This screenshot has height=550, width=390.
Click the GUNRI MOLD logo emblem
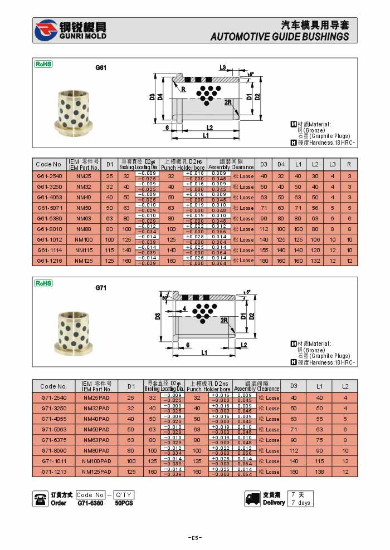[x=46, y=31]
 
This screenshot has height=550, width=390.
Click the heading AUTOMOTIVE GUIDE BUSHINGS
[x=280, y=37]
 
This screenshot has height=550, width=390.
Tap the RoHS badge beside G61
[x=43, y=64]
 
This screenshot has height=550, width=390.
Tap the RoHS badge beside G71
[x=43, y=283]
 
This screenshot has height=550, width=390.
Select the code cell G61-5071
[x=50, y=208]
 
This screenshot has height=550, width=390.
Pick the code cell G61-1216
[x=50, y=261]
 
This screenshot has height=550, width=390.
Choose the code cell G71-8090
[x=53, y=450]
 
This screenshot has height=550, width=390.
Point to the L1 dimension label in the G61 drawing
[x=206, y=135]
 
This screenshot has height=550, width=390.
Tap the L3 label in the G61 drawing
[x=223, y=67]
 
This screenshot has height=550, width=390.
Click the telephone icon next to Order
[x=41, y=499]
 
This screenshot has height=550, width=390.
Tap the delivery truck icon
[x=252, y=499]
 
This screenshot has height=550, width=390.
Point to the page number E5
[x=194, y=538]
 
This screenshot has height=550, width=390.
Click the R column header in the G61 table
[x=349, y=164]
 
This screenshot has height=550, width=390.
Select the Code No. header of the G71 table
[x=53, y=386]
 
